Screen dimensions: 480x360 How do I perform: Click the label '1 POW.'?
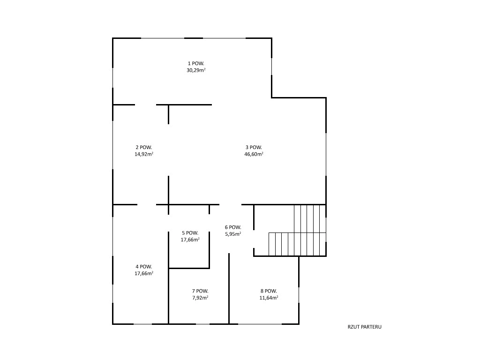click(x=196, y=63)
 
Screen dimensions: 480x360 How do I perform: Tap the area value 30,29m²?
click(x=196, y=70)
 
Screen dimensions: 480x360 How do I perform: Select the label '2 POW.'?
click(x=144, y=147)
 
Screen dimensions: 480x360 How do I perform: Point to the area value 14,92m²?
click(x=144, y=154)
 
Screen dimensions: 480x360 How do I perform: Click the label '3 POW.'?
click(x=254, y=147)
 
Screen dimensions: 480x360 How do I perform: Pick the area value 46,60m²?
click(x=254, y=154)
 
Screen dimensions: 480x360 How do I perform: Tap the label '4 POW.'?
click(x=144, y=267)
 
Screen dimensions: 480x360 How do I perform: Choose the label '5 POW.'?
click(x=190, y=233)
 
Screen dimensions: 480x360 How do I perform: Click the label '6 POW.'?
click(x=233, y=227)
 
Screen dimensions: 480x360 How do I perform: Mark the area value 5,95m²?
click(x=233, y=234)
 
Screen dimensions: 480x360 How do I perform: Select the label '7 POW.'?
click(x=200, y=291)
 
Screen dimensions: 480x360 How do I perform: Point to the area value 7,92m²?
click(x=200, y=298)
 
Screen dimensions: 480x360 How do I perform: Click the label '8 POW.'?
click(x=269, y=291)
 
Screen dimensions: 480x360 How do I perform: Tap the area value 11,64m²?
click(x=269, y=298)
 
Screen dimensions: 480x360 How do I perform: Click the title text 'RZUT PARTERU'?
click(x=365, y=327)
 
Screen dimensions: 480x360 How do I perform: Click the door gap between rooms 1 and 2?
click(x=146, y=105)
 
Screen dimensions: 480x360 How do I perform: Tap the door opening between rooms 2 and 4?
click(x=147, y=204)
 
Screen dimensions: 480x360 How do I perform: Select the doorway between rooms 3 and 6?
click(x=231, y=204)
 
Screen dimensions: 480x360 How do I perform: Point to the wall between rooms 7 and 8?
click(x=229, y=288)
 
